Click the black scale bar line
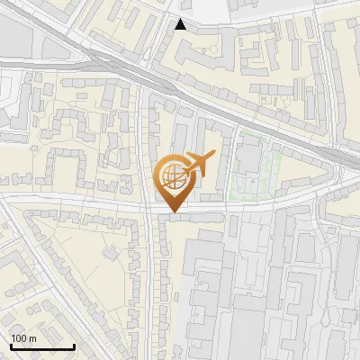pos(41,346)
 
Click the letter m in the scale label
pos(32,339)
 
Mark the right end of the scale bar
pos(74,346)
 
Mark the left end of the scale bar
pos(10,346)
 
